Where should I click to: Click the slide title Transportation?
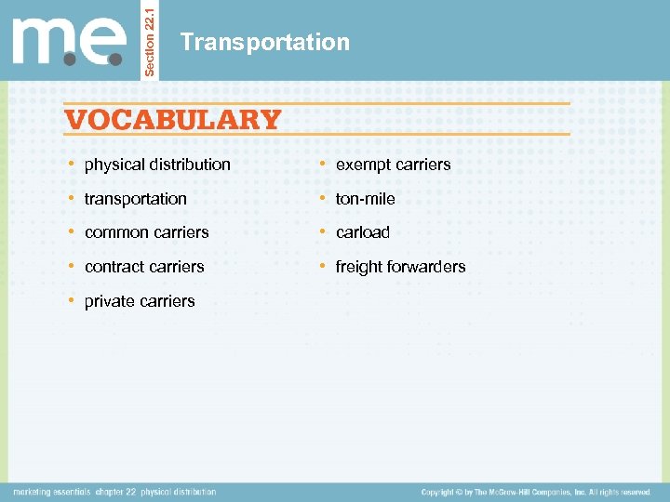click(265, 43)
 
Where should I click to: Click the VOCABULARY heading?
click(173, 120)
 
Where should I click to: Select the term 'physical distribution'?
click(157, 165)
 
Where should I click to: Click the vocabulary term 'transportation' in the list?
click(135, 199)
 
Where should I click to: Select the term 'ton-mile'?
click(365, 199)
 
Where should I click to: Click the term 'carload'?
click(362, 232)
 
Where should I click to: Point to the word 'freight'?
click(357, 267)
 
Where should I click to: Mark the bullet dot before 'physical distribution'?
click(73, 165)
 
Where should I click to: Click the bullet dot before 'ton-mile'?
click(324, 199)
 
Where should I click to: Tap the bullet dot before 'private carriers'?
click(73, 301)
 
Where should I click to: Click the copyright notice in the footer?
click(535, 492)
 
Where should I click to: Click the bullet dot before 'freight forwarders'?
click(324, 267)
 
